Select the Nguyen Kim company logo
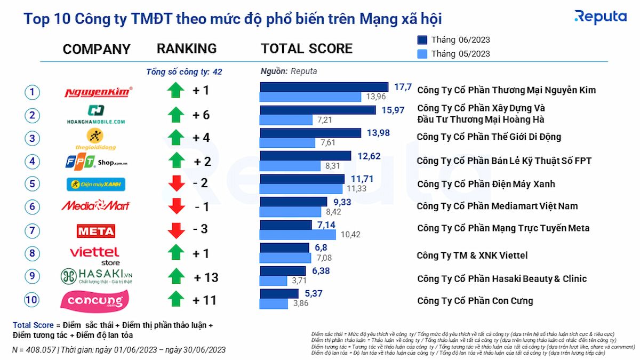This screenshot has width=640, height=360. click(x=98, y=92)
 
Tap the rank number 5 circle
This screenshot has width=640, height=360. click(x=33, y=184)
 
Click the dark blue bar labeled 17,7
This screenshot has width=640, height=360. click(x=324, y=87)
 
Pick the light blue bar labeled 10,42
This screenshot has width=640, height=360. click(x=298, y=235)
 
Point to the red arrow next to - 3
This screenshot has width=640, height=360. click(x=176, y=230)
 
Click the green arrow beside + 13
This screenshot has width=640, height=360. click(x=176, y=277)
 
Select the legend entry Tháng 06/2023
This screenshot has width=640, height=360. click(x=453, y=40)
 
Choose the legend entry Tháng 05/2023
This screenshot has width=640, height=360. click(x=453, y=54)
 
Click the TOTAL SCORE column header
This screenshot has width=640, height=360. click(x=307, y=49)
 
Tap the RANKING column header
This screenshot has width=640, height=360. click(x=187, y=49)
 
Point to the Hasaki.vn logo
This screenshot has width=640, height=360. click(x=97, y=276)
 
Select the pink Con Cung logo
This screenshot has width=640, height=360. click(x=95, y=301)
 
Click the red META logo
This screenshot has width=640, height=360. click(x=96, y=231)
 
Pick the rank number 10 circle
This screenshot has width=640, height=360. click(x=33, y=300)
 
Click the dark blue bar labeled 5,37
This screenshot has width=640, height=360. click(x=279, y=294)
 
